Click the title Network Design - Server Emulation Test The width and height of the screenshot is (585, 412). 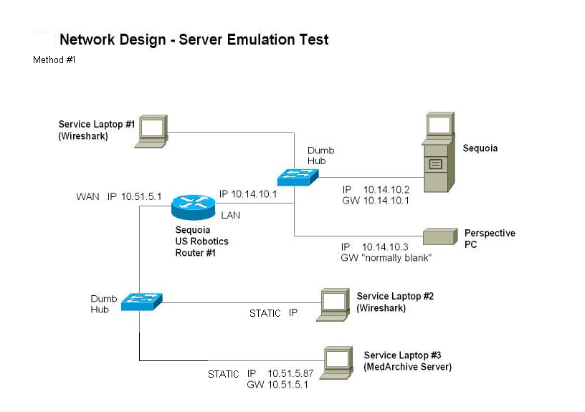(x=194, y=39)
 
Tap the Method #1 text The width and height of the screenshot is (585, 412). (x=54, y=60)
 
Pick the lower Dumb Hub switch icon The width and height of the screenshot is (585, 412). (x=141, y=302)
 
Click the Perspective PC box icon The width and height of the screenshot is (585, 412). (x=439, y=237)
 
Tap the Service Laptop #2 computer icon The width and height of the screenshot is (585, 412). (x=334, y=304)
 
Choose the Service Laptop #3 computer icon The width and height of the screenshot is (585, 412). (x=338, y=361)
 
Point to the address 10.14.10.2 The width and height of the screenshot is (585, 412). (x=386, y=190)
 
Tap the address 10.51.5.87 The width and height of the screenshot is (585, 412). (x=290, y=373)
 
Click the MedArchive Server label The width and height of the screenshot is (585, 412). (x=407, y=367)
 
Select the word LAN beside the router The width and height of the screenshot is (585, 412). (x=231, y=214)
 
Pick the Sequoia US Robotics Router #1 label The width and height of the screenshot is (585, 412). (x=202, y=241)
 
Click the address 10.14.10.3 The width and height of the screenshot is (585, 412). (x=386, y=246)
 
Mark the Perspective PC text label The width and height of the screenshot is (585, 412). (x=490, y=239)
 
